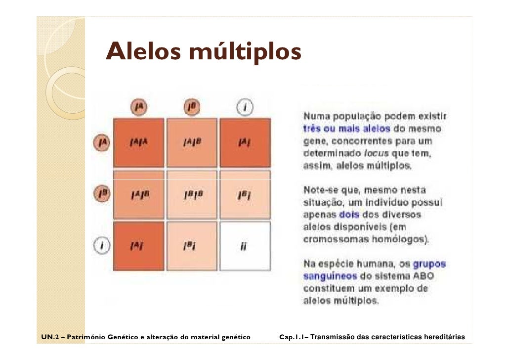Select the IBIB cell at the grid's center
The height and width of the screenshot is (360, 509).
[x=192, y=195]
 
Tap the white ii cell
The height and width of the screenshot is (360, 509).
[x=245, y=246]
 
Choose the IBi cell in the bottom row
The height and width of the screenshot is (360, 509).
[x=192, y=246]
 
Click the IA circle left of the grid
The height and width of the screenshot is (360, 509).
[x=102, y=143]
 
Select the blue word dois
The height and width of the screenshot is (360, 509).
[x=349, y=215]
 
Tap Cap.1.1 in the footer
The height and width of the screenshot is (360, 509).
[x=294, y=338]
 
